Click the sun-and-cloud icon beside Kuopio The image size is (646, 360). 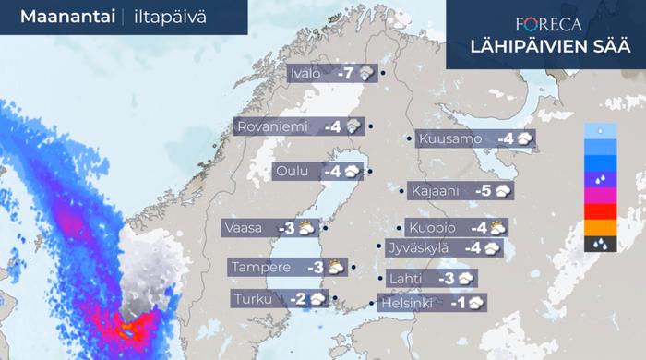(x=497, y=227)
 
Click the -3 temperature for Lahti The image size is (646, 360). (x=446, y=278)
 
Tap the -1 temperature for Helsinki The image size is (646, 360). (x=456, y=302)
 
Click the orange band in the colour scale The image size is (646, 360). (x=600, y=228)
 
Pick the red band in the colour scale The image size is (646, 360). (x=600, y=212)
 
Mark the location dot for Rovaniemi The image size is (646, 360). (x=370, y=126)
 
